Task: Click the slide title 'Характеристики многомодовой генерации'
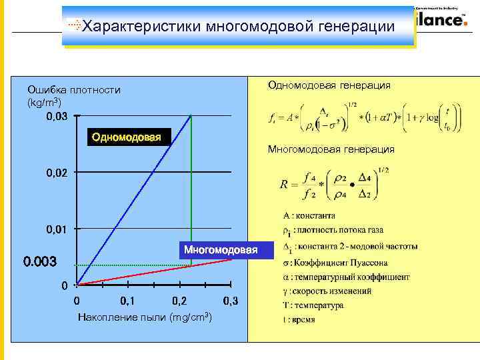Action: (x=240, y=27)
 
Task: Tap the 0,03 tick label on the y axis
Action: (x=57, y=117)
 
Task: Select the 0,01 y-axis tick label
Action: (x=57, y=230)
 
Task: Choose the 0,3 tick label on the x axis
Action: (x=231, y=301)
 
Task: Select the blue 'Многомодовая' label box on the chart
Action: (x=225, y=250)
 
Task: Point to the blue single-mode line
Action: (x=133, y=200)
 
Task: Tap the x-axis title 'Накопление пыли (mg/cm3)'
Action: (x=145, y=318)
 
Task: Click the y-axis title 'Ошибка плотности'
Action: (x=74, y=90)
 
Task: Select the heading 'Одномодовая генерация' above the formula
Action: (x=329, y=85)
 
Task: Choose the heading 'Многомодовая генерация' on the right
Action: (x=331, y=149)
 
